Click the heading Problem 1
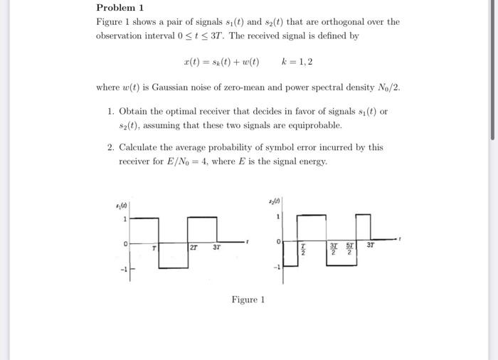(x=120, y=8)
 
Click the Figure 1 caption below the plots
(x=248, y=300)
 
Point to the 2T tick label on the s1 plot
(x=195, y=248)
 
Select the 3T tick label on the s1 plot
(x=217, y=248)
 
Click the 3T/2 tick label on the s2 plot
(x=333, y=248)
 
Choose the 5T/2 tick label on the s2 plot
(x=350, y=248)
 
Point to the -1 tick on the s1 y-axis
(x=122, y=268)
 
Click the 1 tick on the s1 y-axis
(x=125, y=219)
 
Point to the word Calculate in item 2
(x=141, y=147)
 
